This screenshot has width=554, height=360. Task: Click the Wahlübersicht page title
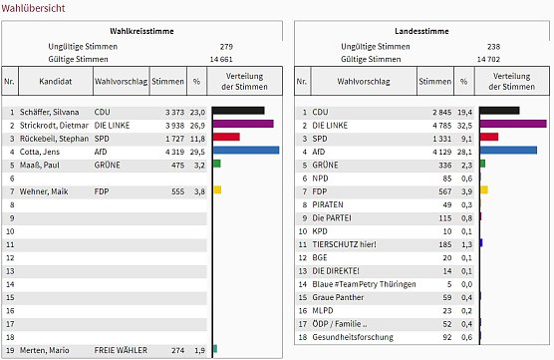[x=34, y=9]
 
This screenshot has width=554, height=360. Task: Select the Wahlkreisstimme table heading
[x=139, y=32]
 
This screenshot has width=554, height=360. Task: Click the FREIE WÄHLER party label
[x=121, y=351]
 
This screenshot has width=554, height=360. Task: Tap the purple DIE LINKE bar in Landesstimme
[x=512, y=124]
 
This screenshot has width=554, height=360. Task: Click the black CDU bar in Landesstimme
[x=499, y=111]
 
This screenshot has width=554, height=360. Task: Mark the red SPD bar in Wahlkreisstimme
[x=226, y=138]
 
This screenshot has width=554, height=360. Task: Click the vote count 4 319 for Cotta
[x=172, y=152]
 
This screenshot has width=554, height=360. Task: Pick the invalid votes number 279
[x=226, y=47]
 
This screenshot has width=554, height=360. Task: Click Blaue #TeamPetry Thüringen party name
[x=365, y=284]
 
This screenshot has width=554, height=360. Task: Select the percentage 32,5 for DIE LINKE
[x=466, y=125]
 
